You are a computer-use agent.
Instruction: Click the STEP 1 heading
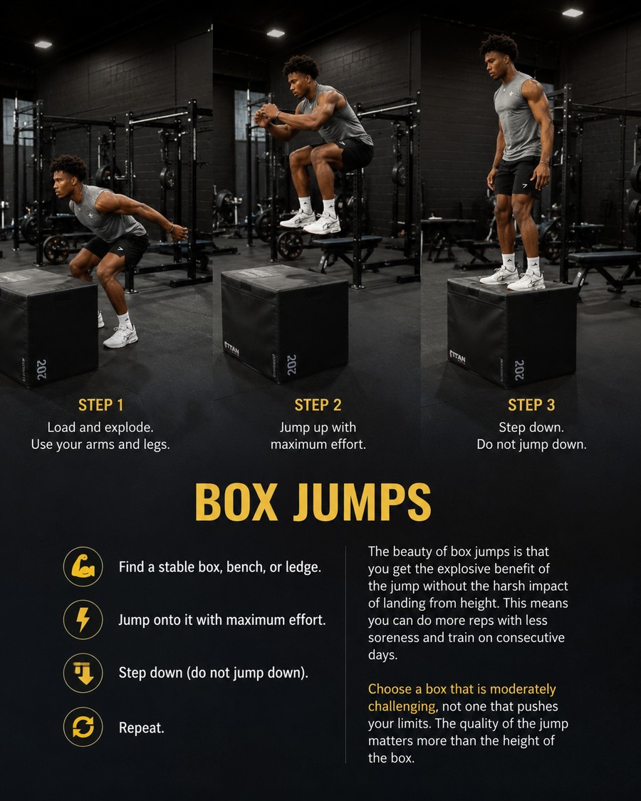[x=100, y=405]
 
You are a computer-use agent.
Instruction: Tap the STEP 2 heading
[x=318, y=405]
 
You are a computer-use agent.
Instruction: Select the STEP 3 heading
[x=531, y=405]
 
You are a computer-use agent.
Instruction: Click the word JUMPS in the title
[x=362, y=502]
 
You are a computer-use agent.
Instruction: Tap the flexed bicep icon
[x=83, y=567]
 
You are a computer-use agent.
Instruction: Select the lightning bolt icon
[x=83, y=620]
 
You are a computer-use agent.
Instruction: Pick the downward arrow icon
[x=83, y=673]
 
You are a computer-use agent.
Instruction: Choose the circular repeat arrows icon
[x=83, y=727]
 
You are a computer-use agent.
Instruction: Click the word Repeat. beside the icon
[x=141, y=728]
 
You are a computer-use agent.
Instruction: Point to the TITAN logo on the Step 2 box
[x=231, y=348]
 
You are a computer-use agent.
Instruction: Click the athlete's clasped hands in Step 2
[x=266, y=115]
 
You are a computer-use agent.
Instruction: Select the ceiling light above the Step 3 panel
[x=573, y=13]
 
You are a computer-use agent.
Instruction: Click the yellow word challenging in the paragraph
[x=402, y=706]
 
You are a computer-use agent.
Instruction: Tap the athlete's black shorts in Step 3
[x=517, y=177]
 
